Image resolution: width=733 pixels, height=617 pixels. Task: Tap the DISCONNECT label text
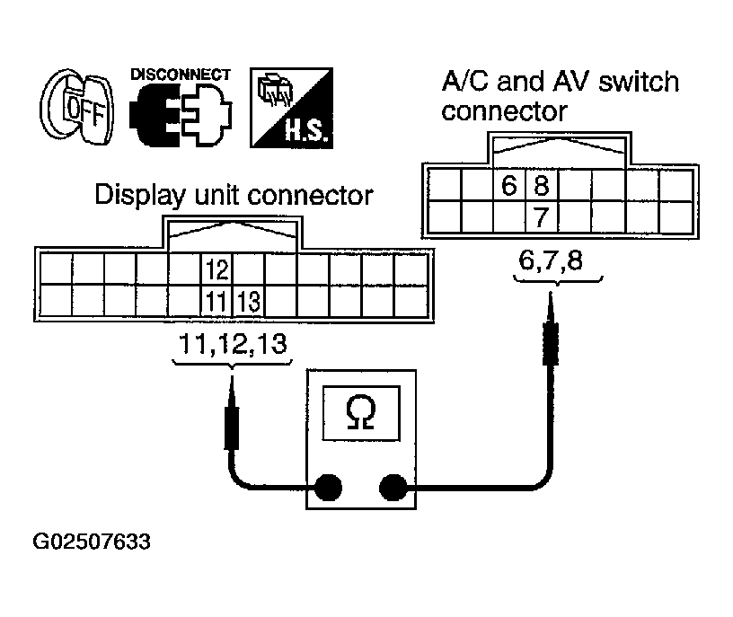click(x=180, y=75)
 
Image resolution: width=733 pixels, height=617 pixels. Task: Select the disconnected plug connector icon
click(x=179, y=115)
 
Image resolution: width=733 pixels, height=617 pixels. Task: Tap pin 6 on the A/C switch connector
click(x=510, y=186)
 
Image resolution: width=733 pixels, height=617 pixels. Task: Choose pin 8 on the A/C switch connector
click(x=542, y=186)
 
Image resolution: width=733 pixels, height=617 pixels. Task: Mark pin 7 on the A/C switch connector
click(x=542, y=217)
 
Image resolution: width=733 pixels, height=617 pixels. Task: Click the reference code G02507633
click(x=91, y=542)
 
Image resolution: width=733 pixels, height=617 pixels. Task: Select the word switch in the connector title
click(x=625, y=84)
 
